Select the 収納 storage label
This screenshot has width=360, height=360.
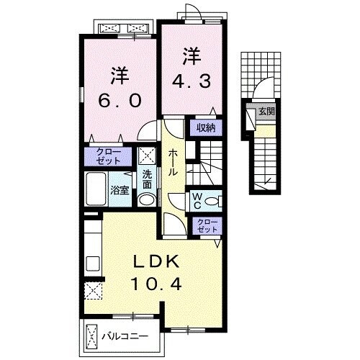pyautogui.click(x=205, y=128)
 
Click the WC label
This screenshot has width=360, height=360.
pyautogui.click(x=196, y=199)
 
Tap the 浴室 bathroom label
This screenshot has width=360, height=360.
pyautogui.click(x=120, y=190)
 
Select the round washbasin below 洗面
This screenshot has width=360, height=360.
pyautogui.click(x=147, y=200)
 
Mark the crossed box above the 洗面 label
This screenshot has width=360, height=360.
pyautogui.click(x=147, y=156)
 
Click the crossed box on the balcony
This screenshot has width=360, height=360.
pyautogui.click(x=92, y=336)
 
